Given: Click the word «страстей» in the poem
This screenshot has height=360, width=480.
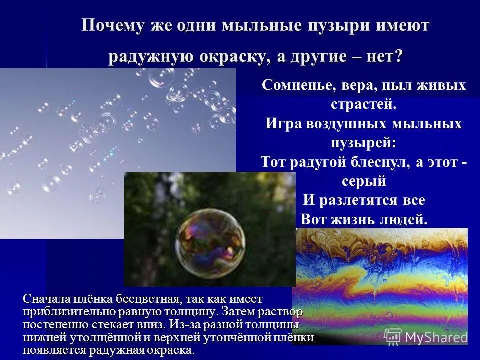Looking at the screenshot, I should pyautogui.click(x=362, y=104).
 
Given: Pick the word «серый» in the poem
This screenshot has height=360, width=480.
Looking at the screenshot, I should pyautogui.click(x=363, y=181).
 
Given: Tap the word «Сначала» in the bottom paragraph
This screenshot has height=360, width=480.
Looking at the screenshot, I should pyautogui.click(x=46, y=299).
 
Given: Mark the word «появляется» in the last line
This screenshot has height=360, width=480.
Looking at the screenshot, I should pyautogui.click(x=51, y=350).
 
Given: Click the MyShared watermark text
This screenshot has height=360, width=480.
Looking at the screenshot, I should pyautogui.click(x=436, y=336).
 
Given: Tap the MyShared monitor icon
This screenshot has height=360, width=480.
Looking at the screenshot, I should pyautogui.click(x=393, y=336).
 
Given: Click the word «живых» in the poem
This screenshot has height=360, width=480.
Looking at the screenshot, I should pyautogui.click(x=440, y=86).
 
